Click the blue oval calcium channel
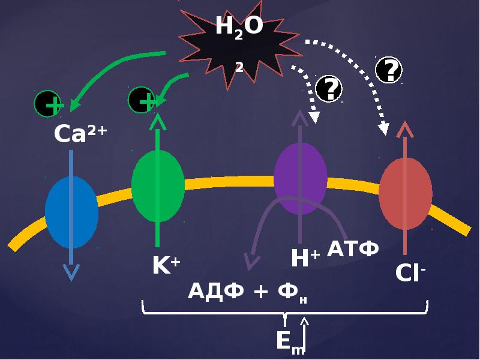click(71, 212)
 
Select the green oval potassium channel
click(158, 186)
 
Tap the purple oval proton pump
click(300, 178)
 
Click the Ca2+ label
click(80, 134)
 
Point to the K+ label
click(166, 265)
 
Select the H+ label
click(305, 259)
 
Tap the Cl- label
click(410, 273)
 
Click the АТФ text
click(353, 248)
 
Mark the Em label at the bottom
click(290, 342)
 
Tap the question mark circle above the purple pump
click(328, 89)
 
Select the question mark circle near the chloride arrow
click(388, 70)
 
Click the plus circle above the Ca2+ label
click(48, 104)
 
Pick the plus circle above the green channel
click(142, 100)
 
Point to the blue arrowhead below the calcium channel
click(71, 274)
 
